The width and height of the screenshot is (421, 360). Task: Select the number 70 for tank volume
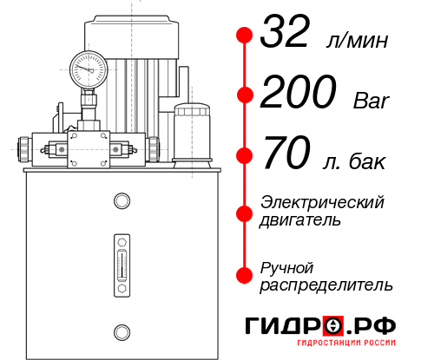click(287, 157)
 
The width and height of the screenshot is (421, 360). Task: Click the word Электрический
click(322, 202)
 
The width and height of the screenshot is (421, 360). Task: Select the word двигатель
click(300, 220)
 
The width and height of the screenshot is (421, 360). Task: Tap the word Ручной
click(286, 266)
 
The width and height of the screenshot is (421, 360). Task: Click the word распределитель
click(326, 285)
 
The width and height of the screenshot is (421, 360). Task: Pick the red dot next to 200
click(245, 96)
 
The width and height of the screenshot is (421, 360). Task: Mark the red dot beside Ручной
click(245, 274)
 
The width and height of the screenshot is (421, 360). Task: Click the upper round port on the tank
click(121, 202)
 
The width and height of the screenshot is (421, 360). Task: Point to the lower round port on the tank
click(121, 331)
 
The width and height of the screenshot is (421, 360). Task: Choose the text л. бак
click(357, 161)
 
